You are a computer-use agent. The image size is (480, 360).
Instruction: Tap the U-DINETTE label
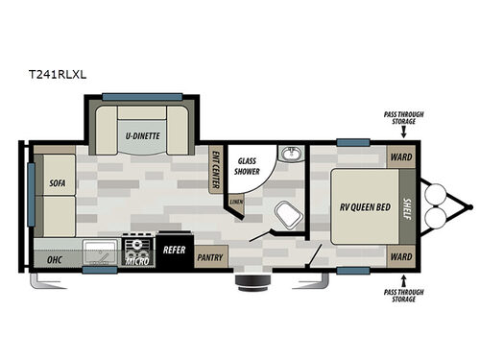point(143,137)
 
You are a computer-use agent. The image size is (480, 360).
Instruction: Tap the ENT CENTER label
point(217,169)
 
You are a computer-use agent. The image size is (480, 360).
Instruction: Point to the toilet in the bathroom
point(284,214)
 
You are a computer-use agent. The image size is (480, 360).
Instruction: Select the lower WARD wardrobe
point(400,256)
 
